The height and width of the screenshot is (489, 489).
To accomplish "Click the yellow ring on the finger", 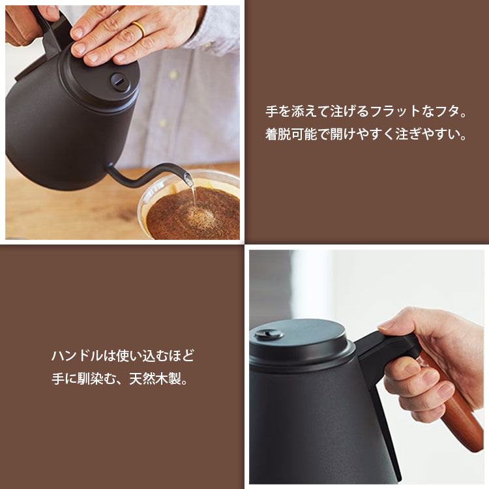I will click(139, 27).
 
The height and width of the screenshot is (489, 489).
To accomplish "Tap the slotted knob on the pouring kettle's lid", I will click(118, 80).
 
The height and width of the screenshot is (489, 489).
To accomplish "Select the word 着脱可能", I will click(291, 136).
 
